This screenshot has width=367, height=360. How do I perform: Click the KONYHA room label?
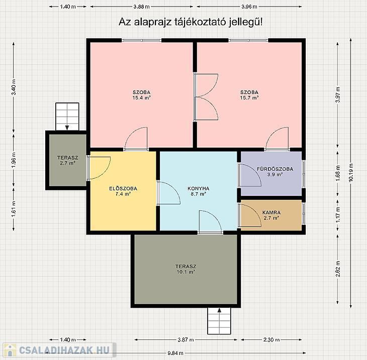198,188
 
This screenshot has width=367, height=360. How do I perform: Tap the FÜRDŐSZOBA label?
275,169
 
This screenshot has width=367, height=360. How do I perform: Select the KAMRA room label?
271,212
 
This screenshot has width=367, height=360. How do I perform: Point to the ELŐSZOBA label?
123,188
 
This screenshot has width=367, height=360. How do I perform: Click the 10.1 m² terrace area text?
186,272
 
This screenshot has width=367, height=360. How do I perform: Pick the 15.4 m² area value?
141,98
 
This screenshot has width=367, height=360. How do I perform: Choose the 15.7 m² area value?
249,98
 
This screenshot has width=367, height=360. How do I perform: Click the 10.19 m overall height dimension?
351,173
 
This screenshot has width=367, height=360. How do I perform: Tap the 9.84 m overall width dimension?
175,353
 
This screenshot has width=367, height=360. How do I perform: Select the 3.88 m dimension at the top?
141,7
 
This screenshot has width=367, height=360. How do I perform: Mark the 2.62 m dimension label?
337,269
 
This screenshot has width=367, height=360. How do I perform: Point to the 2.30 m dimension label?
271,339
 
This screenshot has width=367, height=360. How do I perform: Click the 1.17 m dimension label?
337,215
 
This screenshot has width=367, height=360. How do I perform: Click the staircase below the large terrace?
219,321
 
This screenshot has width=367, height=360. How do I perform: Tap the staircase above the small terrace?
67,116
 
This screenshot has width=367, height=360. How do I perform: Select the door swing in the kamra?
250,215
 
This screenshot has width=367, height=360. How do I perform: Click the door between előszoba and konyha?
168,193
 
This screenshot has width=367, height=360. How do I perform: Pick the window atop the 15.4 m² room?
142,41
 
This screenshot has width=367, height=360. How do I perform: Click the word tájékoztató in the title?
200,22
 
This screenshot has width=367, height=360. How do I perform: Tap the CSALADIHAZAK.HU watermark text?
64,350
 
